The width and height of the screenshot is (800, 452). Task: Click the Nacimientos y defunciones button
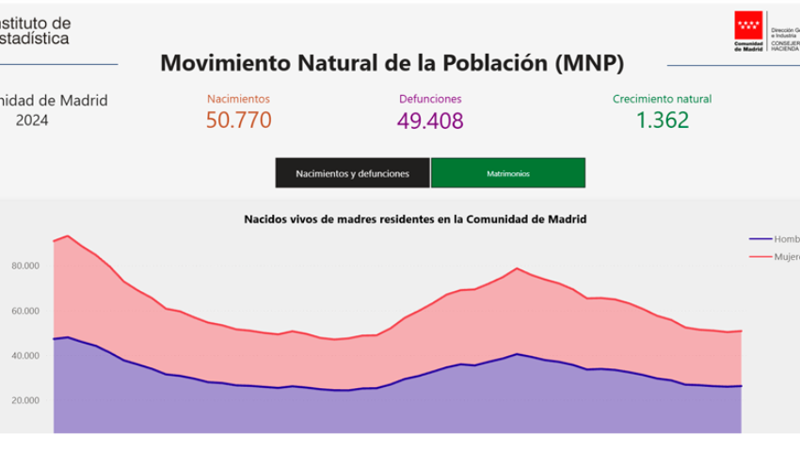[x=352, y=174]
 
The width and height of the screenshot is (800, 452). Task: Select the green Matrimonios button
[x=507, y=174]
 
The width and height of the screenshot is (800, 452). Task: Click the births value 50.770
[x=238, y=121]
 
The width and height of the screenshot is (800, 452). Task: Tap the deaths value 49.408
[x=430, y=121]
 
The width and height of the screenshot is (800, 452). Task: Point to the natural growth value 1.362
[x=662, y=121]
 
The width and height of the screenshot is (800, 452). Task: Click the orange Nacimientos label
[x=238, y=98]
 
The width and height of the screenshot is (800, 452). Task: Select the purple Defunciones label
[x=430, y=98]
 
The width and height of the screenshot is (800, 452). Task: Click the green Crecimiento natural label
[x=662, y=98]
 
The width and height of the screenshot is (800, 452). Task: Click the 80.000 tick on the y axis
[x=25, y=266]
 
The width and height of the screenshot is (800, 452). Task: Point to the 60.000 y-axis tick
[x=25, y=311]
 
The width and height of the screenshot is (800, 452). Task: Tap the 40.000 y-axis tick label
[x=25, y=355]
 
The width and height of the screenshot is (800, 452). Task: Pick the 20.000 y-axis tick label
[x=25, y=400]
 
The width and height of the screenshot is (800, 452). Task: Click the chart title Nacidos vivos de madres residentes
[x=415, y=218]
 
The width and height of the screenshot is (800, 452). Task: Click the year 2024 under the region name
[x=32, y=121]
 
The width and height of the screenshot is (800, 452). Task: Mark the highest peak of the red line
[x=67, y=235]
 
